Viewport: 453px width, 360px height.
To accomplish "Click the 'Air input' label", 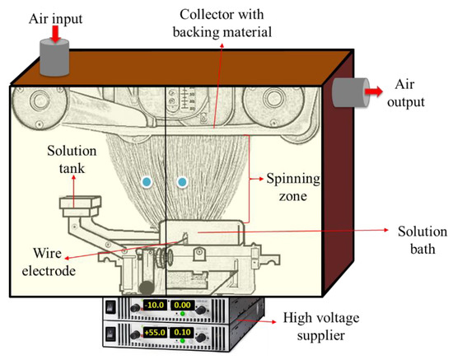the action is [x=55, y=19].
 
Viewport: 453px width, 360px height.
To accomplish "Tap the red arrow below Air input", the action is [x=56, y=35].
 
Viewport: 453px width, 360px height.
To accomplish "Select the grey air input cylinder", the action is [x=54, y=58].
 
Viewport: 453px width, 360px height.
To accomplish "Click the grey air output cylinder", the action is [x=351, y=92].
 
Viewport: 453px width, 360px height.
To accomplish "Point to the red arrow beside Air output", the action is [x=374, y=91].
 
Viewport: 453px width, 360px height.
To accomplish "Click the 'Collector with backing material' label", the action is [x=222, y=23].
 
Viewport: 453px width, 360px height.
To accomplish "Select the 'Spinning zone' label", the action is [x=293, y=187].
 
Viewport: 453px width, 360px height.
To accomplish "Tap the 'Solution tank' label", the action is [x=72, y=160].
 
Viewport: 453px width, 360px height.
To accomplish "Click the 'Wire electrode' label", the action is [x=49, y=262].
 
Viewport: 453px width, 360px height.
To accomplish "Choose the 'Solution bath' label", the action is [x=423, y=240].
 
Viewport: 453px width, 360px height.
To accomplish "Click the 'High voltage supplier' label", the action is [x=321, y=326].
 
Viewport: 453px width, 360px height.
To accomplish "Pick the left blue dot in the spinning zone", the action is [x=147, y=182].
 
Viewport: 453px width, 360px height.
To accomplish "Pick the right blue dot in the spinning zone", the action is [x=182, y=182].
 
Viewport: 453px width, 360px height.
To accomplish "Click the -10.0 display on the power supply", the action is [x=155, y=305].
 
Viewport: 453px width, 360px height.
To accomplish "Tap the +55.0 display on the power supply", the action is [x=155, y=332].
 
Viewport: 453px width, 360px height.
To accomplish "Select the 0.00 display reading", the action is [x=182, y=305].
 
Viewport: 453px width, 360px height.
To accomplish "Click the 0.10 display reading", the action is [x=182, y=332].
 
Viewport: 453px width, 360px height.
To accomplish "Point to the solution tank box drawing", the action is [x=81, y=207].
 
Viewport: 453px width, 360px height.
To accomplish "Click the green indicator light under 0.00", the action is [x=182, y=314].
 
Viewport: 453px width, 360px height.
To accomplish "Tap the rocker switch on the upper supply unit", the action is [x=111, y=306].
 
